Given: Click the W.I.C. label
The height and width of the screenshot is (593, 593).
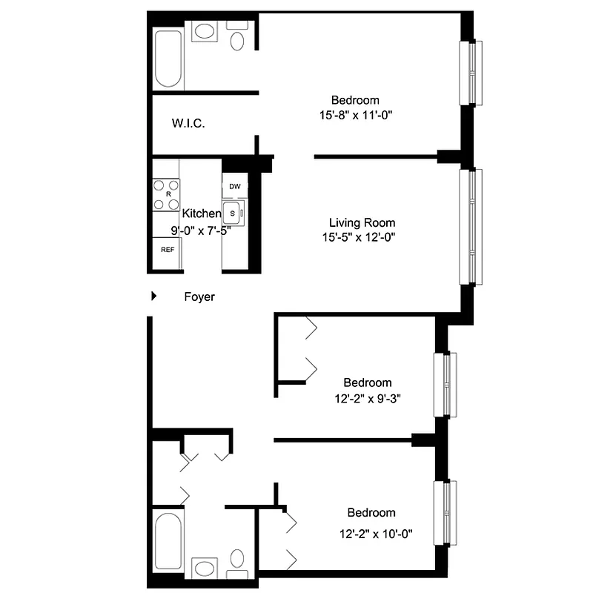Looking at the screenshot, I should (x=188, y=123).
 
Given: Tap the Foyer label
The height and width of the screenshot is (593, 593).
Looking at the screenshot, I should (x=199, y=296).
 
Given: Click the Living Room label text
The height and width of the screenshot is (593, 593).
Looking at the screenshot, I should (x=362, y=222).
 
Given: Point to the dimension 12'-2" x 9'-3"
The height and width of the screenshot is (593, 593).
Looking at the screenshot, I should (x=367, y=398).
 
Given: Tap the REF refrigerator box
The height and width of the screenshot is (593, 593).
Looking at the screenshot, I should (x=168, y=249).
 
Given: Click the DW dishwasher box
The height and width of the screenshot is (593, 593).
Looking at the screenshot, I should (x=234, y=186).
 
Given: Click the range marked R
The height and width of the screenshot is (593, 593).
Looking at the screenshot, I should (x=168, y=194).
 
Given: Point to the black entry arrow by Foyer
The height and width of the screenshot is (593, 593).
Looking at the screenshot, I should (x=153, y=296).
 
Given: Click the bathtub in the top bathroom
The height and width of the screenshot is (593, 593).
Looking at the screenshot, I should (x=168, y=59).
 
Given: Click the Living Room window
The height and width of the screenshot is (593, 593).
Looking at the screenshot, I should (x=471, y=226).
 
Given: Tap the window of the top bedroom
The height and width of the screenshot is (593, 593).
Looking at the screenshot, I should (x=471, y=72).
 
